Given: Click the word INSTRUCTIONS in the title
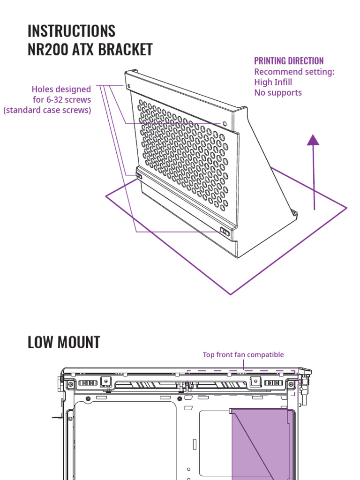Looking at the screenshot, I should pyautogui.click(x=71, y=31).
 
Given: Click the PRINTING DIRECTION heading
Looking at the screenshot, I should pyautogui.click(x=289, y=61).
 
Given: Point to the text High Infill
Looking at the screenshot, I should pyautogui.click(x=273, y=82).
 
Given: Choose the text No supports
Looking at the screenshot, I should pyautogui.click(x=278, y=92).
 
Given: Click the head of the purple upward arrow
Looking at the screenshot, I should pyautogui.click(x=313, y=139).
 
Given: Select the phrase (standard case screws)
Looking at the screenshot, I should pyautogui.click(x=47, y=110).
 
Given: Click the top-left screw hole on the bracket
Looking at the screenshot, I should pyautogui.click(x=128, y=86).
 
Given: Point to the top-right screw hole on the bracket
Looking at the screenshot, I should pyautogui.click(x=225, y=124).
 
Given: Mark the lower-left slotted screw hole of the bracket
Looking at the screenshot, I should pyautogui.click(x=139, y=177).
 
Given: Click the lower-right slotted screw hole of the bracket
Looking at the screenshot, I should pyautogui.click(x=225, y=231).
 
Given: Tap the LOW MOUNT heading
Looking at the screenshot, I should pyautogui.click(x=64, y=342).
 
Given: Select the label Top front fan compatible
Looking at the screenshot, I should pyautogui.click(x=243, y=355).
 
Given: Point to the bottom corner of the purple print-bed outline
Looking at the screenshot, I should pyautogui.click(x=231, y=294).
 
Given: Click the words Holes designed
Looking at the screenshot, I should pyautogui.click(x=61, y=89).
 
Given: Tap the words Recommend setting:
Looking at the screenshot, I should pyautogui.click(x=294, y=72).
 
